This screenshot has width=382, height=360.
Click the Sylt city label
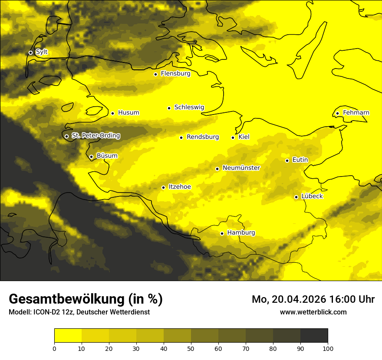pyautogui.click(x=42, y=52)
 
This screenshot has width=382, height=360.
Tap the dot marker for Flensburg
pyautogui.click(x=155, y=74)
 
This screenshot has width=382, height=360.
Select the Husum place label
pyautogui.click(x=128, y=113)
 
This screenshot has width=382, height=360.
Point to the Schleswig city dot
pyautogui.click(x=169, y=108)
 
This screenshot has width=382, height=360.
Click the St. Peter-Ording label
pyautogui.click(x=95, y=136)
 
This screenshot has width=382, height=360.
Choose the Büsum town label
pyautogui.click(x=107, y=156)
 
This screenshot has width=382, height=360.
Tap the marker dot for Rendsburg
pyautogui.click(x=181, y=137)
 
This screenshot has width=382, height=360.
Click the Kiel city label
pyautogui.click(x=244, y=137)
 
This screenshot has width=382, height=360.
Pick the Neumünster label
pyautogui.click(x=241, y=168)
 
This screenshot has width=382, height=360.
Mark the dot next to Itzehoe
pyautogui.click(x=163, y=188)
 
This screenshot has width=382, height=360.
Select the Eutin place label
pyautogui.click(x=300, y=160)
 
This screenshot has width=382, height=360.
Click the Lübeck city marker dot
pyautogui.click(x=296, y=197)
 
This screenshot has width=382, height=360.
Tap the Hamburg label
pyautogui.click(x=241, y=233)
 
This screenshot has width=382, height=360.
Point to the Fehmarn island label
pyautogui.click(x=356, y=113)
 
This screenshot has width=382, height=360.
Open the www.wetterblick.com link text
pyautogui.click(x=313, y=312)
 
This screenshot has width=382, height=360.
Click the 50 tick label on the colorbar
pyautogui.click(x=191, y=348)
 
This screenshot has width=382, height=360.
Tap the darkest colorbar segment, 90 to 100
pyautogui.click(x=314, y=336)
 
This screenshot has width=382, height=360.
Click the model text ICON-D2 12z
pyautogui.click(x=50, y=312)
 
